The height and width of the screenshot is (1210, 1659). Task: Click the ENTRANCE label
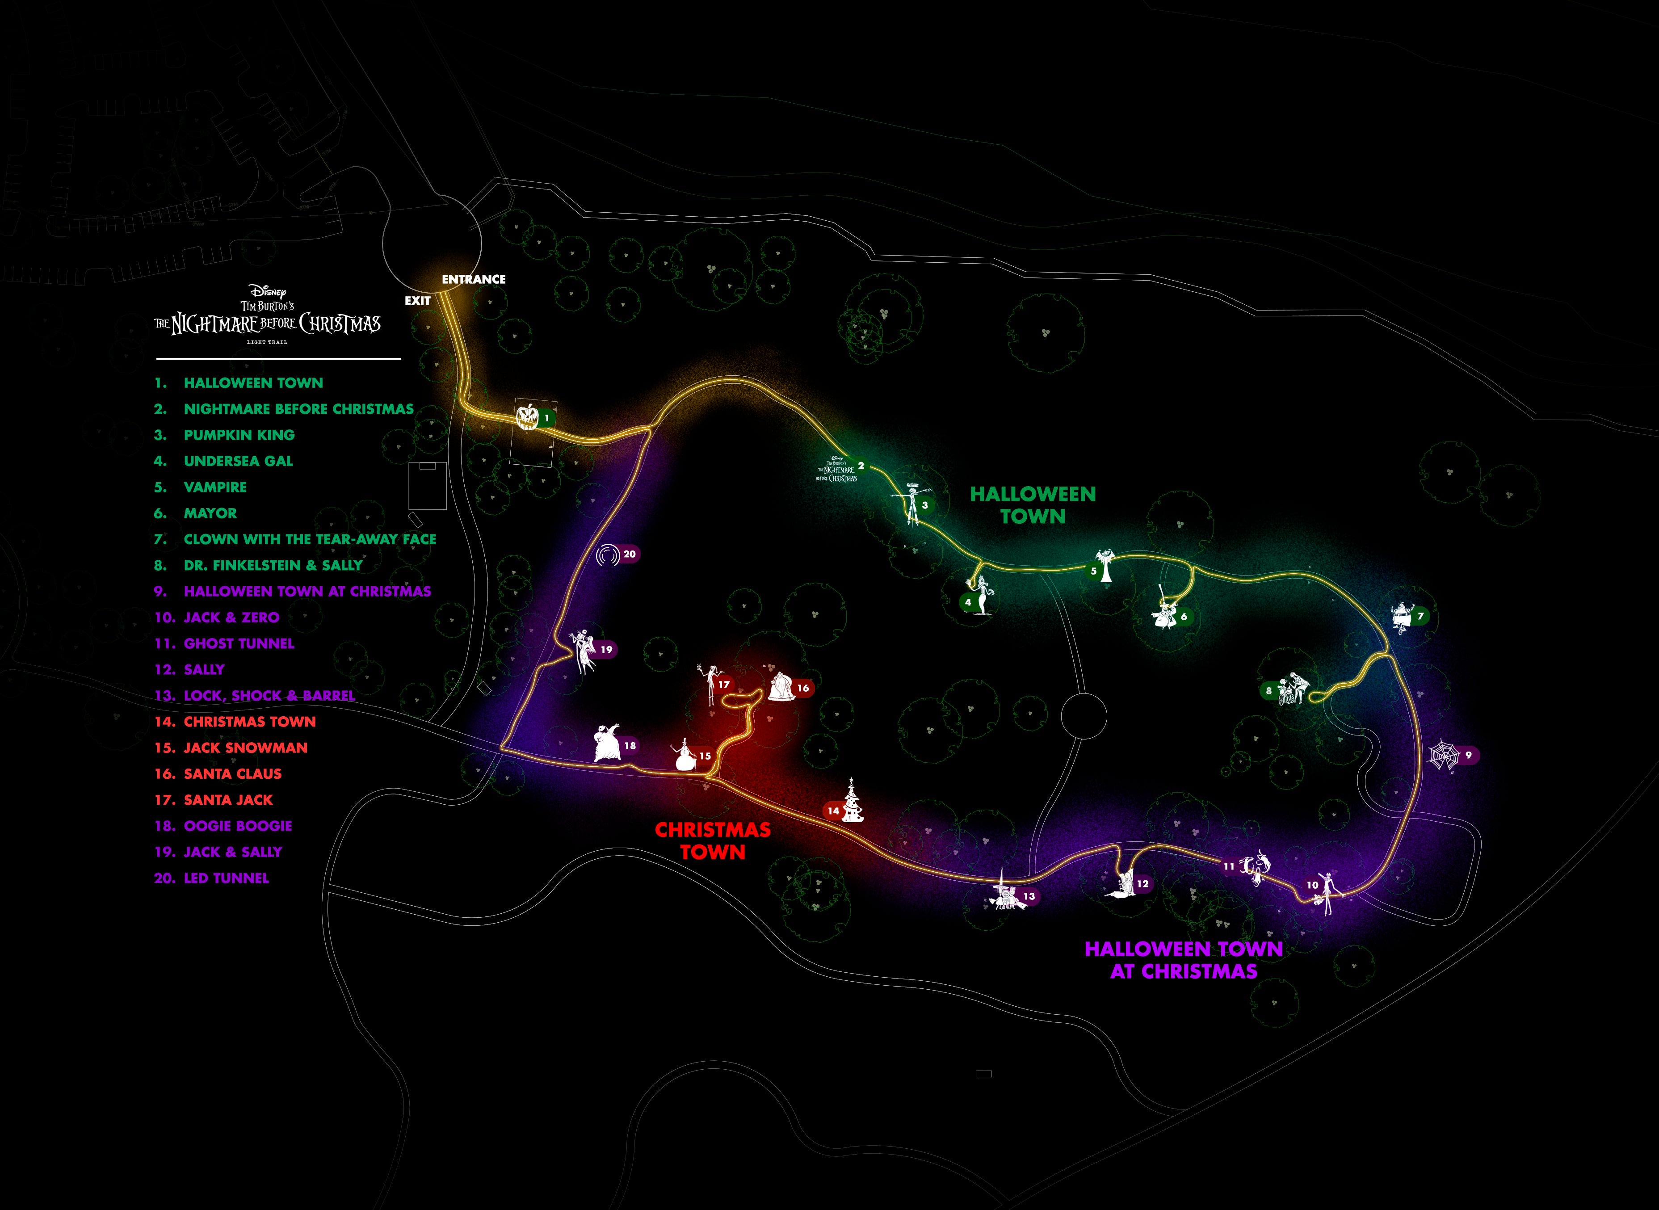pos(473,279)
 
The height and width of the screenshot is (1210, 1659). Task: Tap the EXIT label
pos(417,300)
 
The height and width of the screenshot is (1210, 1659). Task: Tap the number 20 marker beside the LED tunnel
pos(629,555)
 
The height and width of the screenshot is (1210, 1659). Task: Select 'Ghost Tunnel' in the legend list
pos(239,643)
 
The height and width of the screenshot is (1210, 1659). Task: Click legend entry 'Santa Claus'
pos(232,773)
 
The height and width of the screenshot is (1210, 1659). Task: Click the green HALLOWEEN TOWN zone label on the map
pos(1033,504)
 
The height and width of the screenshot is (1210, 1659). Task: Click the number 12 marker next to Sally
pos(1142,884)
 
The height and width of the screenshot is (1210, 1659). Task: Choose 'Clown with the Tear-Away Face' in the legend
pos(310,539)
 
